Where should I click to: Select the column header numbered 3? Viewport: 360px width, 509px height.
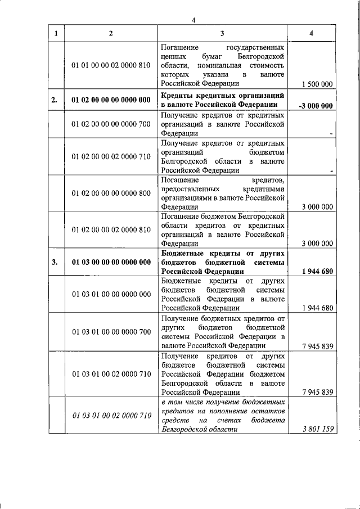[x=223, y=33]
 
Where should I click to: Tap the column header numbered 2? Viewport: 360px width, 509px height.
[x=111, y=33]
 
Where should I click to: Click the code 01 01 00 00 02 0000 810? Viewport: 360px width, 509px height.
[x=111, y=65]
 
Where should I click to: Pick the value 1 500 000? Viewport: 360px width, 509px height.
[x=317, y=84]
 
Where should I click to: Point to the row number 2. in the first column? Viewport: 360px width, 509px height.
[x=54, y=101]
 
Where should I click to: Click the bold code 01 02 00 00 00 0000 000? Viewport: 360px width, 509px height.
[x=111, y=101]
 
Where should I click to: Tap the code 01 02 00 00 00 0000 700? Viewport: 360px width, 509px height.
[x=111, y=124]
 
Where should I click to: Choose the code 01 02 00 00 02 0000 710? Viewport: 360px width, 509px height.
[x=111, y=156]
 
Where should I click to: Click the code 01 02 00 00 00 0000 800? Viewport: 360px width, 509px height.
[x=111, y=193]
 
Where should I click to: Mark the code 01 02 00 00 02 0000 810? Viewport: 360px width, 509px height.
[x=111, y=229]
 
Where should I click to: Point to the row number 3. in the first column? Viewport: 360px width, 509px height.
[x=54, y=262]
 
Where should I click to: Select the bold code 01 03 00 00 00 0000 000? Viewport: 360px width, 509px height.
[x=111, y=262]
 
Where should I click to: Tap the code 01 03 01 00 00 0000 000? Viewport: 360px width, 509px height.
[x=111, y=294]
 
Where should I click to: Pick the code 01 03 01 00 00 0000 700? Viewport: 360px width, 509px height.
[x=111, y=332]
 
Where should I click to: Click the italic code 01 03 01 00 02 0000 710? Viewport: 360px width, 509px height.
[x=111, y=415]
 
